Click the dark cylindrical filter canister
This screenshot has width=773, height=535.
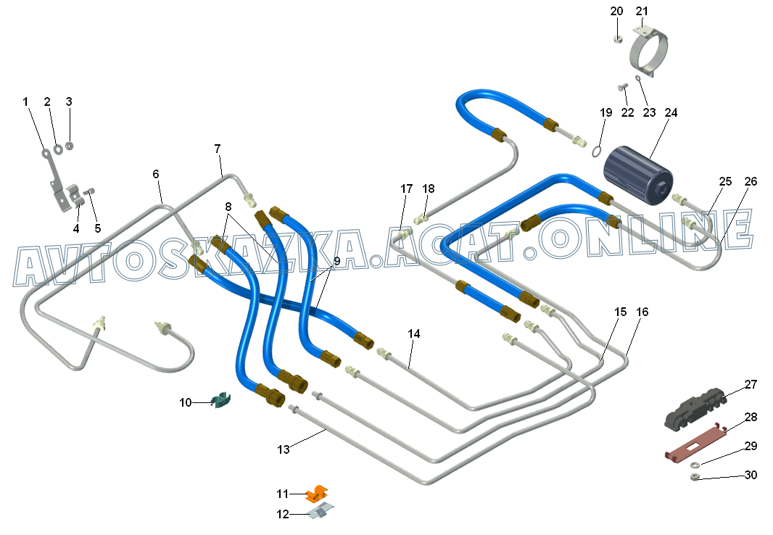coord(637,175)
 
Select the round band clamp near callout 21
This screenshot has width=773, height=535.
coord(650,51)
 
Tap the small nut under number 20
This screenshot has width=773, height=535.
coord(617,39)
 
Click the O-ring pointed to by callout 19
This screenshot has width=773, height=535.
coord(596,151)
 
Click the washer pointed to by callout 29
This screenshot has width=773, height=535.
coord(694,464)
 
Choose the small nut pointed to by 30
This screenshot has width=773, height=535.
coord(695,476)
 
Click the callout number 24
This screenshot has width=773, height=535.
coord(671,112)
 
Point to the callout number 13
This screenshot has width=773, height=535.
coord(283,449)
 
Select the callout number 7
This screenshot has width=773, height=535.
coord(218,148)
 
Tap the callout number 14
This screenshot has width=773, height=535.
coord(413,333)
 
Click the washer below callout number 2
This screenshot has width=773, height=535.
coord(58,149)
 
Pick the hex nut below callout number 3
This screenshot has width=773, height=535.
coord(70,145)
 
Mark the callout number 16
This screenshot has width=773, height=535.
coord(642,311)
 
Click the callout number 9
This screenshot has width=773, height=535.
coord(337,260)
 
